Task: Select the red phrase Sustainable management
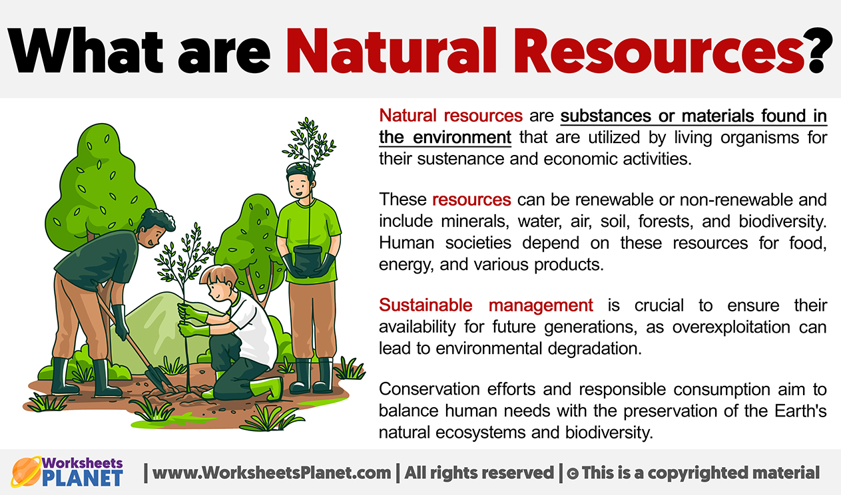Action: pyautogui.click(x=486, y=305)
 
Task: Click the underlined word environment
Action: pyautogui.click(x=462, y=137)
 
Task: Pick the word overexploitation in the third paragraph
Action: pyautogui.click(x=731, y=327)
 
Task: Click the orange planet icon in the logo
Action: pyautogui.click(x=26, y=472)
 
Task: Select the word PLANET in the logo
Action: pyautogui.click(x=83, y=478)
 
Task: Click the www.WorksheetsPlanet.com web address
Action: pyautogui.click(x=272, y=473)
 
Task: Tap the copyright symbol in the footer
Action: pyautogui.click(x=573, y=474)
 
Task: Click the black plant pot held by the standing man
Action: pyautogui.click(x=308, y=259)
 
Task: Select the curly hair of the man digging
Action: pyautogui.click(x=156, y=222)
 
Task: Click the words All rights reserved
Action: pyautogui.click(x=479, y=473)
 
